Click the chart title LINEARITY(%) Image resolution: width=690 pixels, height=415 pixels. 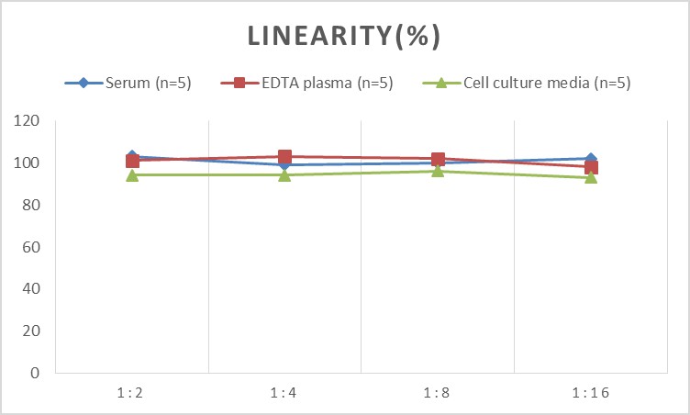344,36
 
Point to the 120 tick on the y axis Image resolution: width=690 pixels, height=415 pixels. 28,121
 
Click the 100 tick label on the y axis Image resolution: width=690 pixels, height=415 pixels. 28,163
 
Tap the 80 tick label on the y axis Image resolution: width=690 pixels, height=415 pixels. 31,206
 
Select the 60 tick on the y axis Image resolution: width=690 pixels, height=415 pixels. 31,247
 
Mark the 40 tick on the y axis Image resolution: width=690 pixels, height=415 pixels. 31,289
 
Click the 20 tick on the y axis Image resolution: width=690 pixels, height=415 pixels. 31,331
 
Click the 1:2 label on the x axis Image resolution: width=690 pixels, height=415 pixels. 132,394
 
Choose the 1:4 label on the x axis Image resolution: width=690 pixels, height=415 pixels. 284,394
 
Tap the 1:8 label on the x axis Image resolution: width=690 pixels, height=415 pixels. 438,394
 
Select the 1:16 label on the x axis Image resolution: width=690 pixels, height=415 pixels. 590,394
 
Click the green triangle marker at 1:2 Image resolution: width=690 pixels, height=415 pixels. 132,174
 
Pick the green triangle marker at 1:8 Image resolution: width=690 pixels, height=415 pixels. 438,171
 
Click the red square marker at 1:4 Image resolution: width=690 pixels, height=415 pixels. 284,157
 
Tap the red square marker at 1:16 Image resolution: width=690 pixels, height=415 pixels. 590,167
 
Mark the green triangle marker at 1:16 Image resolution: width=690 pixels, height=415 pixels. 590,177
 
